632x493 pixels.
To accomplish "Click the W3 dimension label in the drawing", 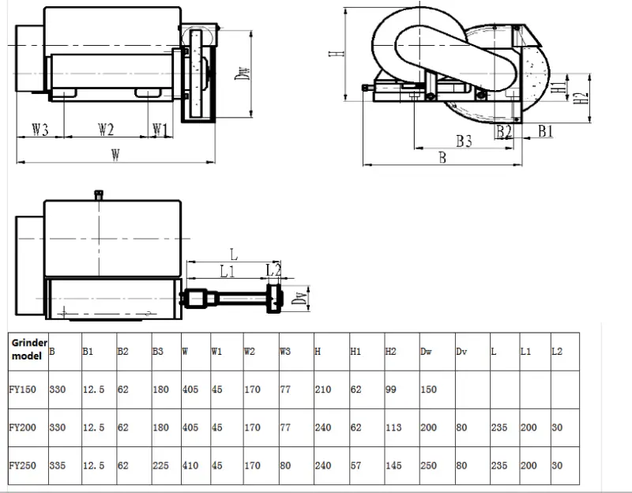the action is coord(40,130).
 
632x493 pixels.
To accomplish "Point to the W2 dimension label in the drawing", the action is coord(106,130).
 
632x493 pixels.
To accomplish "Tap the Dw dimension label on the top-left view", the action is coord(243,73).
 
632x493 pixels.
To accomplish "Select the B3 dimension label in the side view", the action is coord(464,141).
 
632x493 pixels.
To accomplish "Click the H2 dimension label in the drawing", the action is coord(581,97).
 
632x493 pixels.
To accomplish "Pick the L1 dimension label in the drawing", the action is coord(228,271).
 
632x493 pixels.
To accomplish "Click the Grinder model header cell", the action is coord(28,349).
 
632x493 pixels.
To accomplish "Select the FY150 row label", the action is coord(23,390).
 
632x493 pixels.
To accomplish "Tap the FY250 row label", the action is coord(23,465).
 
